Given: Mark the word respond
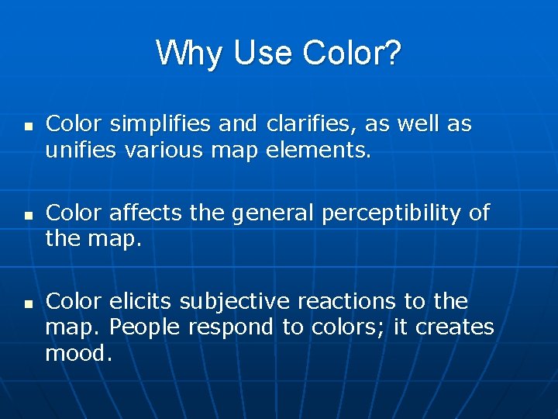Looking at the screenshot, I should [x=230, y=327].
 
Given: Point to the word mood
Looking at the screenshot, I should [x=78, y=354].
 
